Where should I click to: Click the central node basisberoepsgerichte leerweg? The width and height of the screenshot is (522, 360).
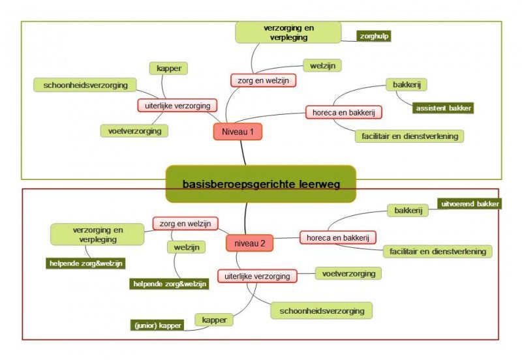tap(261, 185)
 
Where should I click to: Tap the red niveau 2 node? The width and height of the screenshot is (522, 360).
tap(249, 244)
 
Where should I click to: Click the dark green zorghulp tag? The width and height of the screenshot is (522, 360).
tap(374, 36)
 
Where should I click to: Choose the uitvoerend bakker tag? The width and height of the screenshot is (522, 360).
tap(470, 204)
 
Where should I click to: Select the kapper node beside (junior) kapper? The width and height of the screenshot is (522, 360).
tap(214, 320)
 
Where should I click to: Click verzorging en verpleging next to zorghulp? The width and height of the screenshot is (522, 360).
tap(288, 33)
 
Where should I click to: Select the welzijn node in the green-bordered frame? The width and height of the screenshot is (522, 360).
tap(322, 65)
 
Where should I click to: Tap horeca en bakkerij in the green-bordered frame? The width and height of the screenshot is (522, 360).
tap(344, 112)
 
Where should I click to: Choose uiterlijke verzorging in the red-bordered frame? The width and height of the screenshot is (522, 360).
tap(257, 276)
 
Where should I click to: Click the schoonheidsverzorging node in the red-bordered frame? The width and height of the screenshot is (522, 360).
tap(321, 310)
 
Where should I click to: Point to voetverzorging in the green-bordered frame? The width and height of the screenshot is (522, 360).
tap(134, 131)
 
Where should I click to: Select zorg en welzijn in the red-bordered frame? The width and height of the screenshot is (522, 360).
tap(185, 224)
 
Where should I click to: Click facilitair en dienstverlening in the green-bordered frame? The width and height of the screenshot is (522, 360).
tap(410, 136)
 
